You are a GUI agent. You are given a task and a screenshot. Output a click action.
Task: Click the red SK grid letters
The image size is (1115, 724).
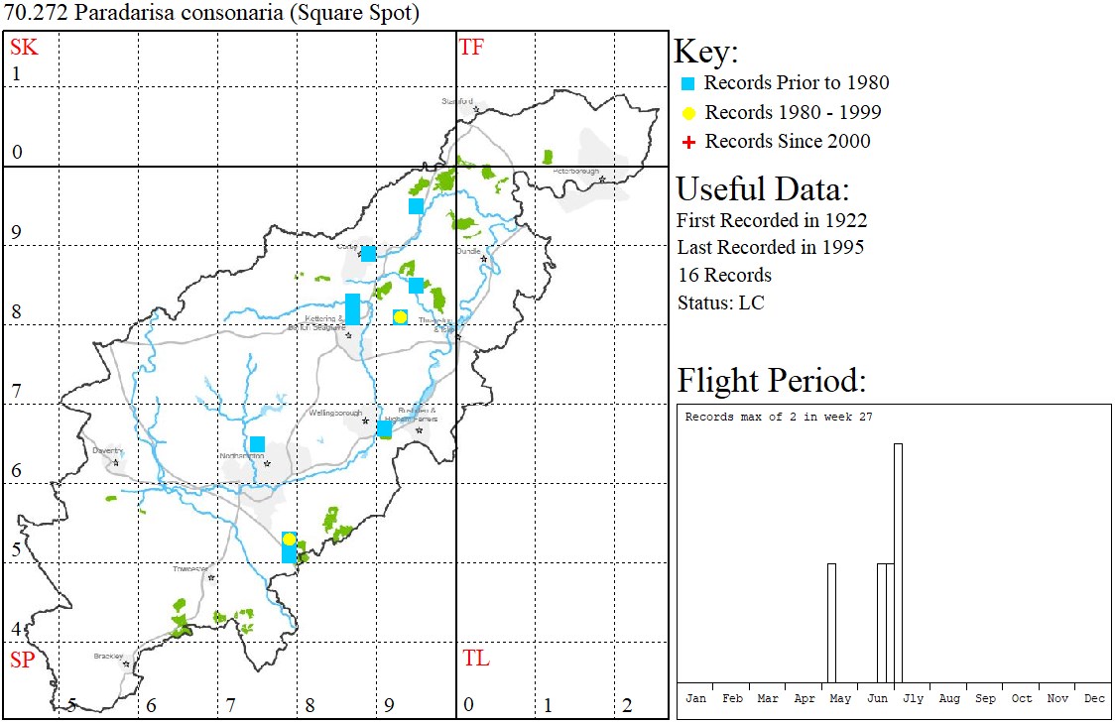click(24, 48)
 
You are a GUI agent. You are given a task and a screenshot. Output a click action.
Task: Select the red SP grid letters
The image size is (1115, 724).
click(22, 660)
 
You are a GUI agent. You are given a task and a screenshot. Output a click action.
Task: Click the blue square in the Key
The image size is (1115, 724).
click(689, 83)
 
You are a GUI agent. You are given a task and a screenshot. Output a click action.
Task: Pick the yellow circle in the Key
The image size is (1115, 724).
click(689, 113)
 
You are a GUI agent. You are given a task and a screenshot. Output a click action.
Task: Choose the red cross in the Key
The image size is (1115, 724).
click(689, 143)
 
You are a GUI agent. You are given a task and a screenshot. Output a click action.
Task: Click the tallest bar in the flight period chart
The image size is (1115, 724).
click(898, 562)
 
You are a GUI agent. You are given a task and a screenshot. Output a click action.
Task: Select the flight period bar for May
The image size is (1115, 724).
click(831, 623)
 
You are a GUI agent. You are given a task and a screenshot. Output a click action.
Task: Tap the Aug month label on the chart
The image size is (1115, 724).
click(949, 698)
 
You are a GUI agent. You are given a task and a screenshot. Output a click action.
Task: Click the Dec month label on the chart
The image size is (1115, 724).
click(1094, 698)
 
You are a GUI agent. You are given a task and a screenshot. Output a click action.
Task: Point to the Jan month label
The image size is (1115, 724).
click(696, 698)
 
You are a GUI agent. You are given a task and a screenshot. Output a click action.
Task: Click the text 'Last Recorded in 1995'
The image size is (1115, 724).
click(770, 247)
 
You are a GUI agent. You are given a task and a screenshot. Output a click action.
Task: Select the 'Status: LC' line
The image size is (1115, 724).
click(720, 302)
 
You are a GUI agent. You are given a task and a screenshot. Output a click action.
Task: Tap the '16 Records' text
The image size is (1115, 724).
click(724, 275)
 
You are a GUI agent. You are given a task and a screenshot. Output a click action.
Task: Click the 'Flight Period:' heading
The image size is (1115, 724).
click(771, 381)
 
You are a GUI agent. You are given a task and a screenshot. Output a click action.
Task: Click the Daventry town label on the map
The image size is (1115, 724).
click(106, 450)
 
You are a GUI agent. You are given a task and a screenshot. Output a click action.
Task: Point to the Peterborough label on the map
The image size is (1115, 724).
click(576, 171)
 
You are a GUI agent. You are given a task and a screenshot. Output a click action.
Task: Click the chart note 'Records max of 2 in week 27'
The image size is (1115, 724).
click(779, 417)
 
